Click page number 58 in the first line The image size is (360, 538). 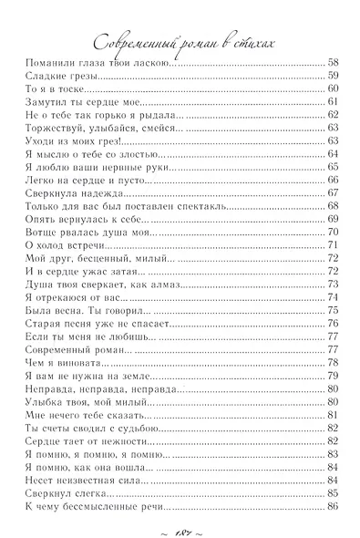tap(333, 62)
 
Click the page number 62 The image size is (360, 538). tap(333, 115)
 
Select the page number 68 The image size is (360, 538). tap(333, 207)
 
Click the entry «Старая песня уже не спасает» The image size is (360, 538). tap(94, 325)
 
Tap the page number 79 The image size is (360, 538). tap(333, 377)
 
